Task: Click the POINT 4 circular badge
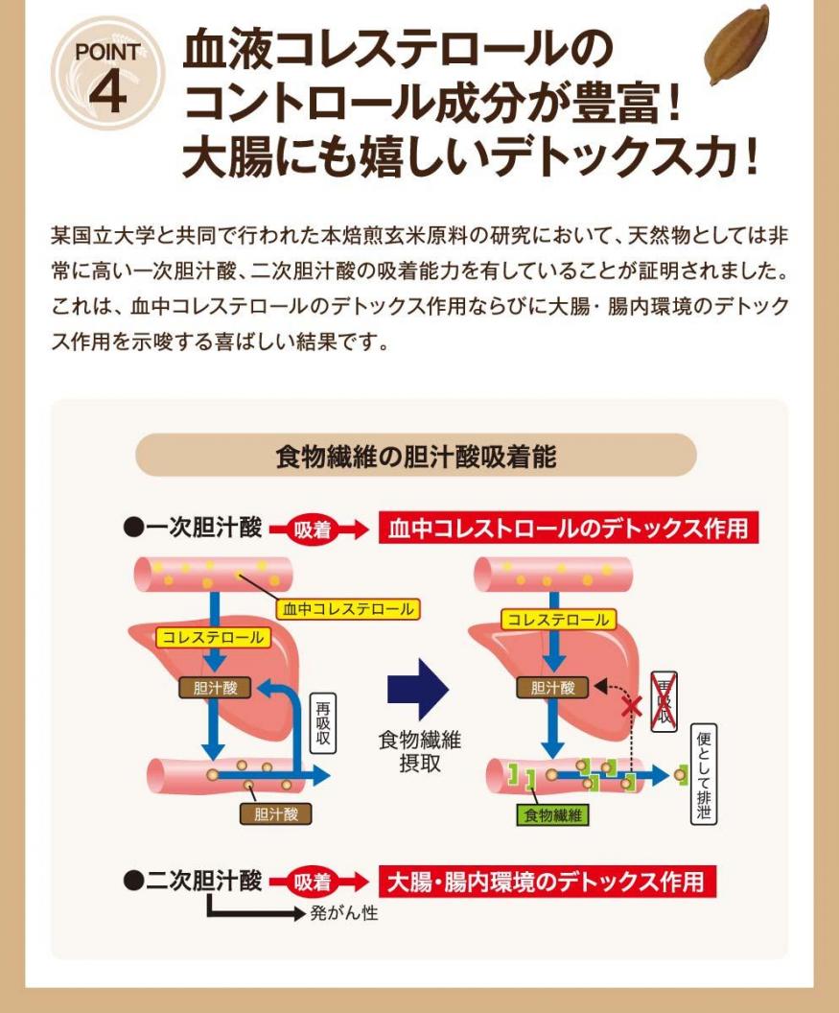click(107, 74)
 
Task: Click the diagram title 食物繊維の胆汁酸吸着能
click(415, 456)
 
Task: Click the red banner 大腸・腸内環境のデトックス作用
click(548, 882)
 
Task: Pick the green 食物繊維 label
click(552, 815)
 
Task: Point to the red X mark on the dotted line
click(631, 708)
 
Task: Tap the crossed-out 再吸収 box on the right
click(664, 701)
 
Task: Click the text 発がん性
click(343, 912)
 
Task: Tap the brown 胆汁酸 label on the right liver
click(552, 687)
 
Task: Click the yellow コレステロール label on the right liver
click(557, 621)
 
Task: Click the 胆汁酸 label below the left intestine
click(275, 814)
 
